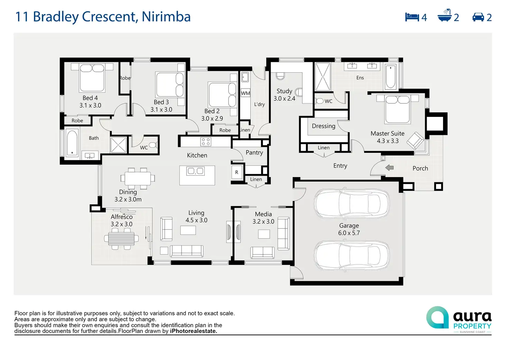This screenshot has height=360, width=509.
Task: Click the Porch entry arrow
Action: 389,168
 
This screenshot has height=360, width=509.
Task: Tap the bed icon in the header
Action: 412,17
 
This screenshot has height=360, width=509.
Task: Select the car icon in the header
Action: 478,17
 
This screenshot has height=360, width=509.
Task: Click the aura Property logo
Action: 459,319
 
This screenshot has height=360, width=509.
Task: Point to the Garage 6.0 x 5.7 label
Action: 349,229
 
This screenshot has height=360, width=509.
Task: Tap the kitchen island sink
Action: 195,171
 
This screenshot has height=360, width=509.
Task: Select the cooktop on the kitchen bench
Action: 206,142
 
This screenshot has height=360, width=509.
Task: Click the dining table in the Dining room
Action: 138,178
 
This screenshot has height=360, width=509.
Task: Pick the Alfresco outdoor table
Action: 121,238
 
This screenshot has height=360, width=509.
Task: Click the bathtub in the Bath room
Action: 72,143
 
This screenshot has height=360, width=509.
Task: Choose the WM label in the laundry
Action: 245,93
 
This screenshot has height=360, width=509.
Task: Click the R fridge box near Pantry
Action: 237,172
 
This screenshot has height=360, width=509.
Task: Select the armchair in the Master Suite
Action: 415,141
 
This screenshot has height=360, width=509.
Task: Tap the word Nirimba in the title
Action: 166,17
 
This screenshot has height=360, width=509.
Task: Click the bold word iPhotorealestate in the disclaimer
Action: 193,331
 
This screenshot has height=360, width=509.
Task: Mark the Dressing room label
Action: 323,126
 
